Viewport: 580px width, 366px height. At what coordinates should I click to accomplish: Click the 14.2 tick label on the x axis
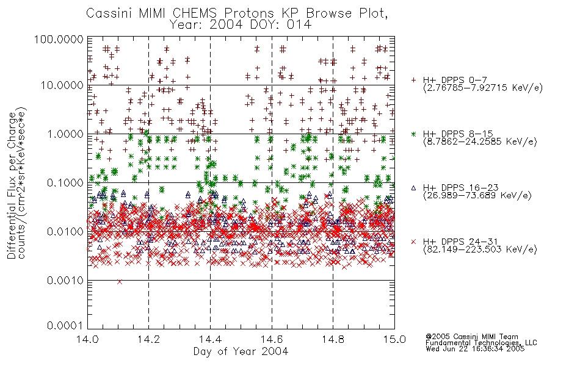click(x=149, y=339)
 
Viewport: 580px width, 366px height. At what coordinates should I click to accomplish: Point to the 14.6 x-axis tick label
click(x=272, y=339)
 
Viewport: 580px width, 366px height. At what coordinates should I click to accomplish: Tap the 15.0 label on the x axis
click(x=394, y=339)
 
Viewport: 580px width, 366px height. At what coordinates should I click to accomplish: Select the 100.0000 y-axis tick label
click(x=59, y=40)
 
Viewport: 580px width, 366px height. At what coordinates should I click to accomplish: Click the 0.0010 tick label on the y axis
click(x=65, y=281)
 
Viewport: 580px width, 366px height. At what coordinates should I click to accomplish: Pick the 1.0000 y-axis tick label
click(x=65, y=134)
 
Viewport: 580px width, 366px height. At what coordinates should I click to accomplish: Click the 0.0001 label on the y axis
click(x=65, y=326)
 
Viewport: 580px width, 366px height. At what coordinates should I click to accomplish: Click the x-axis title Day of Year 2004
click(x=241, y=351)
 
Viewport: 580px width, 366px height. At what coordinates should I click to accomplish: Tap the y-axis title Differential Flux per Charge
click(x=12, y=185)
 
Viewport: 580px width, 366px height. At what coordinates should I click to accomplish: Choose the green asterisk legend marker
click(x=413, y=134)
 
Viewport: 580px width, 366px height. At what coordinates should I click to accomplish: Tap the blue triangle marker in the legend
click(x=413, y=188)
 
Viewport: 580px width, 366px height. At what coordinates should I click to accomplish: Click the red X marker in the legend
click(x=413, y=242)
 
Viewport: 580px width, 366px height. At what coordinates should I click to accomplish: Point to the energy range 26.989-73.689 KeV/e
click(x=477, y=196)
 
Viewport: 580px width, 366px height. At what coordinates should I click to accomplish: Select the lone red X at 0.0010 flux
click(x=120, y=282)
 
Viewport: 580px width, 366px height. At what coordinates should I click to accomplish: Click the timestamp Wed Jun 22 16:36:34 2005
click(x=475, y=348)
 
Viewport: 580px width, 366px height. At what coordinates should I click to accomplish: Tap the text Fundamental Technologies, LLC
click(x=481, y=343)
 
